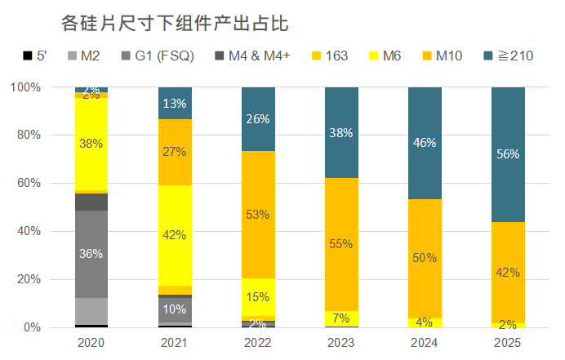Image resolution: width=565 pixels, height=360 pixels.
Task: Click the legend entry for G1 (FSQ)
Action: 163,56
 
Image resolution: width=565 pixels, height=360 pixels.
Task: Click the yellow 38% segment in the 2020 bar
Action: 91,144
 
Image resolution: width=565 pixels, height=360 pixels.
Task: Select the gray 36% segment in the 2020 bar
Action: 91,254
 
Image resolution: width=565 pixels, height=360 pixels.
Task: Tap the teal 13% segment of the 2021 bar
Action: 175,103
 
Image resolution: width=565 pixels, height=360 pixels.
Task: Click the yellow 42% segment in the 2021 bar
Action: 175,235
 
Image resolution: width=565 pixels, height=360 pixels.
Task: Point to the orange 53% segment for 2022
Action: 258,214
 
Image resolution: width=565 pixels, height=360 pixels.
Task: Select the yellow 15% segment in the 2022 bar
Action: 258,296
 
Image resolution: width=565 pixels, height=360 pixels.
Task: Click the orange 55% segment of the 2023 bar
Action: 341,243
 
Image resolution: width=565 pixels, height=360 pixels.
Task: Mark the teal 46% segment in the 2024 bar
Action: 425,142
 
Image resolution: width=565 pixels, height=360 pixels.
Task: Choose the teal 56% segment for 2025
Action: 508,153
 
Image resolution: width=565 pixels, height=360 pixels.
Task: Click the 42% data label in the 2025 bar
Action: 508,273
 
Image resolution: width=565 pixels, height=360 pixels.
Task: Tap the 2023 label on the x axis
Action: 341,344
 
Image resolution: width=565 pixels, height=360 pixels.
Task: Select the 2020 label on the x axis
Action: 91,344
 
